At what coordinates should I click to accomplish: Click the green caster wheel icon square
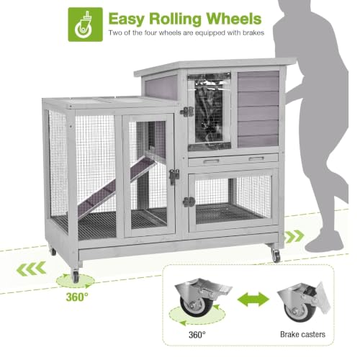coord(86,24)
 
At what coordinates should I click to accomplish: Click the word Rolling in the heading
coord(175,19)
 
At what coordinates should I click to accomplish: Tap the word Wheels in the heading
coord(234,19)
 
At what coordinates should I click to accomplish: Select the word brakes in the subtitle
coord(253,32)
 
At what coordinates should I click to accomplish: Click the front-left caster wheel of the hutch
coord(75,276)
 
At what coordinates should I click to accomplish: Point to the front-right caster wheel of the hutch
coord(276,255)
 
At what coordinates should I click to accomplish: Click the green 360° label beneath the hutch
coord(77,297)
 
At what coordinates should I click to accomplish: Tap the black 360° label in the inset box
coord(197,335)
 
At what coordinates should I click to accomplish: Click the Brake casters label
coord(302,334)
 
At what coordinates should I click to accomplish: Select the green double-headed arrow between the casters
coord(253,299)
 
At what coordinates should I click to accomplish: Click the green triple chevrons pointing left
coord(31,269)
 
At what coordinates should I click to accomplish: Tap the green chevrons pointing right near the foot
coord(294,236)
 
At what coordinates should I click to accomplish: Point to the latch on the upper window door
coord(186,112)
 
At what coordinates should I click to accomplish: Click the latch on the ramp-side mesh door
coord(174,176)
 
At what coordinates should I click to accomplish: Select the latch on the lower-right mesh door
coord(189,202)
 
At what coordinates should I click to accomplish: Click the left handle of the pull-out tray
coord(211,161)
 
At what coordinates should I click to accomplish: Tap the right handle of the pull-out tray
coord(256,158)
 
